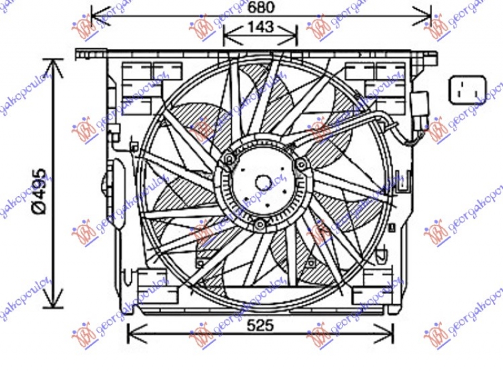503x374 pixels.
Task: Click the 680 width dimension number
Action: [x=260, y=8]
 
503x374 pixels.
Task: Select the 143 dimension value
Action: [x=260, y=27]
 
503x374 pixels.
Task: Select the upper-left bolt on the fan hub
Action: [x=228, y=161]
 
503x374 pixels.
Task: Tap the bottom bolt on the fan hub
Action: [x=260, y=224]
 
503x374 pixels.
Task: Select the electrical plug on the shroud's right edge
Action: [x=420, y=104]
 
